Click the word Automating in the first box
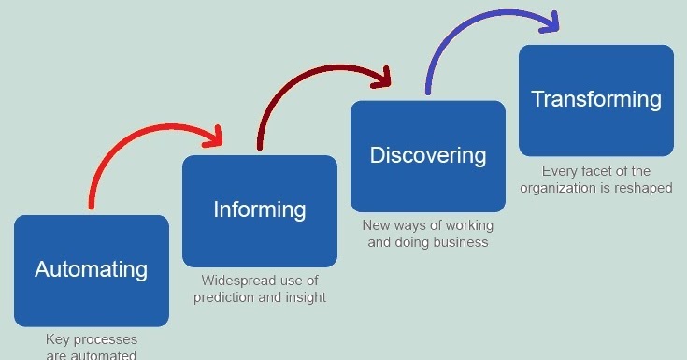tap(91, 270)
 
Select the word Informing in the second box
tap(259, 209)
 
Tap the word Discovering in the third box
tap(428, 154)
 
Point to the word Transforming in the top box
tap(596, 99)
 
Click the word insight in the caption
tap(307, 297)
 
